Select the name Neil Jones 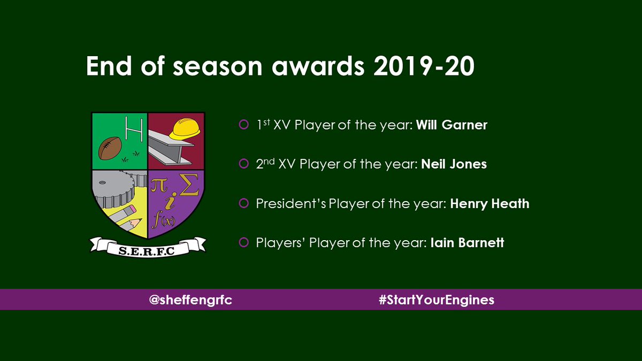pyautogui.click(x=454, y=164)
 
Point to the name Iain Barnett pyautogui.click(x=467, y=243)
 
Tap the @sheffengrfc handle pyautogui.click(x=190, y=300)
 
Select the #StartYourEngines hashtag pyautogui.click(x=436, y=300)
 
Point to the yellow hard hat pyautogui.click(x=185, y=129)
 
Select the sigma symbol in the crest pyautogui.click(x=191, y=187)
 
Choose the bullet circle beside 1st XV pyautogui.click(x=243, y=125)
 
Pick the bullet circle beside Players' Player pyautogui.click(x=243, y=243)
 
